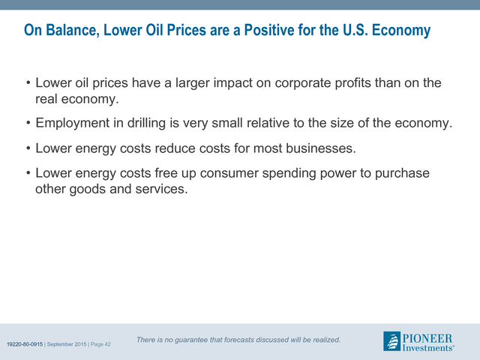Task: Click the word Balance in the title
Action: pyautogui.click(x=73, y=30)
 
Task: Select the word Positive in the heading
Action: pyautogui.click(x=268, y=30)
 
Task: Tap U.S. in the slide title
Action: pyautogui.click(x=355, y=30)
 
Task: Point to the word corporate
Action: pyautogui.click(x=303, y=83)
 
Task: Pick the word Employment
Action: pyautogui.click(x=73, y=123)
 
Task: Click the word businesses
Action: pyautogui.click(x=321, y=148)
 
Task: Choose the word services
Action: pyautogui.click(x=161, y=189)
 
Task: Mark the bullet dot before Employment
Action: pyautogui.click(x=28, y=123)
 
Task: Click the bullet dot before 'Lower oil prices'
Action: pyautogui.click(x=28, y=82)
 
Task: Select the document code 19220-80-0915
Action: pyautogui.click(x=25, y=344)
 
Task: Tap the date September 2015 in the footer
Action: pyautogui.click(x=67, y=344)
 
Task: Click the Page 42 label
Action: pyautogui.click(x=100, y=344)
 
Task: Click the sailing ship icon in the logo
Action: pyautogui.click(x=391, y=341)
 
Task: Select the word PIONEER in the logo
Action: pyautogui.click(x=427, y=338)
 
